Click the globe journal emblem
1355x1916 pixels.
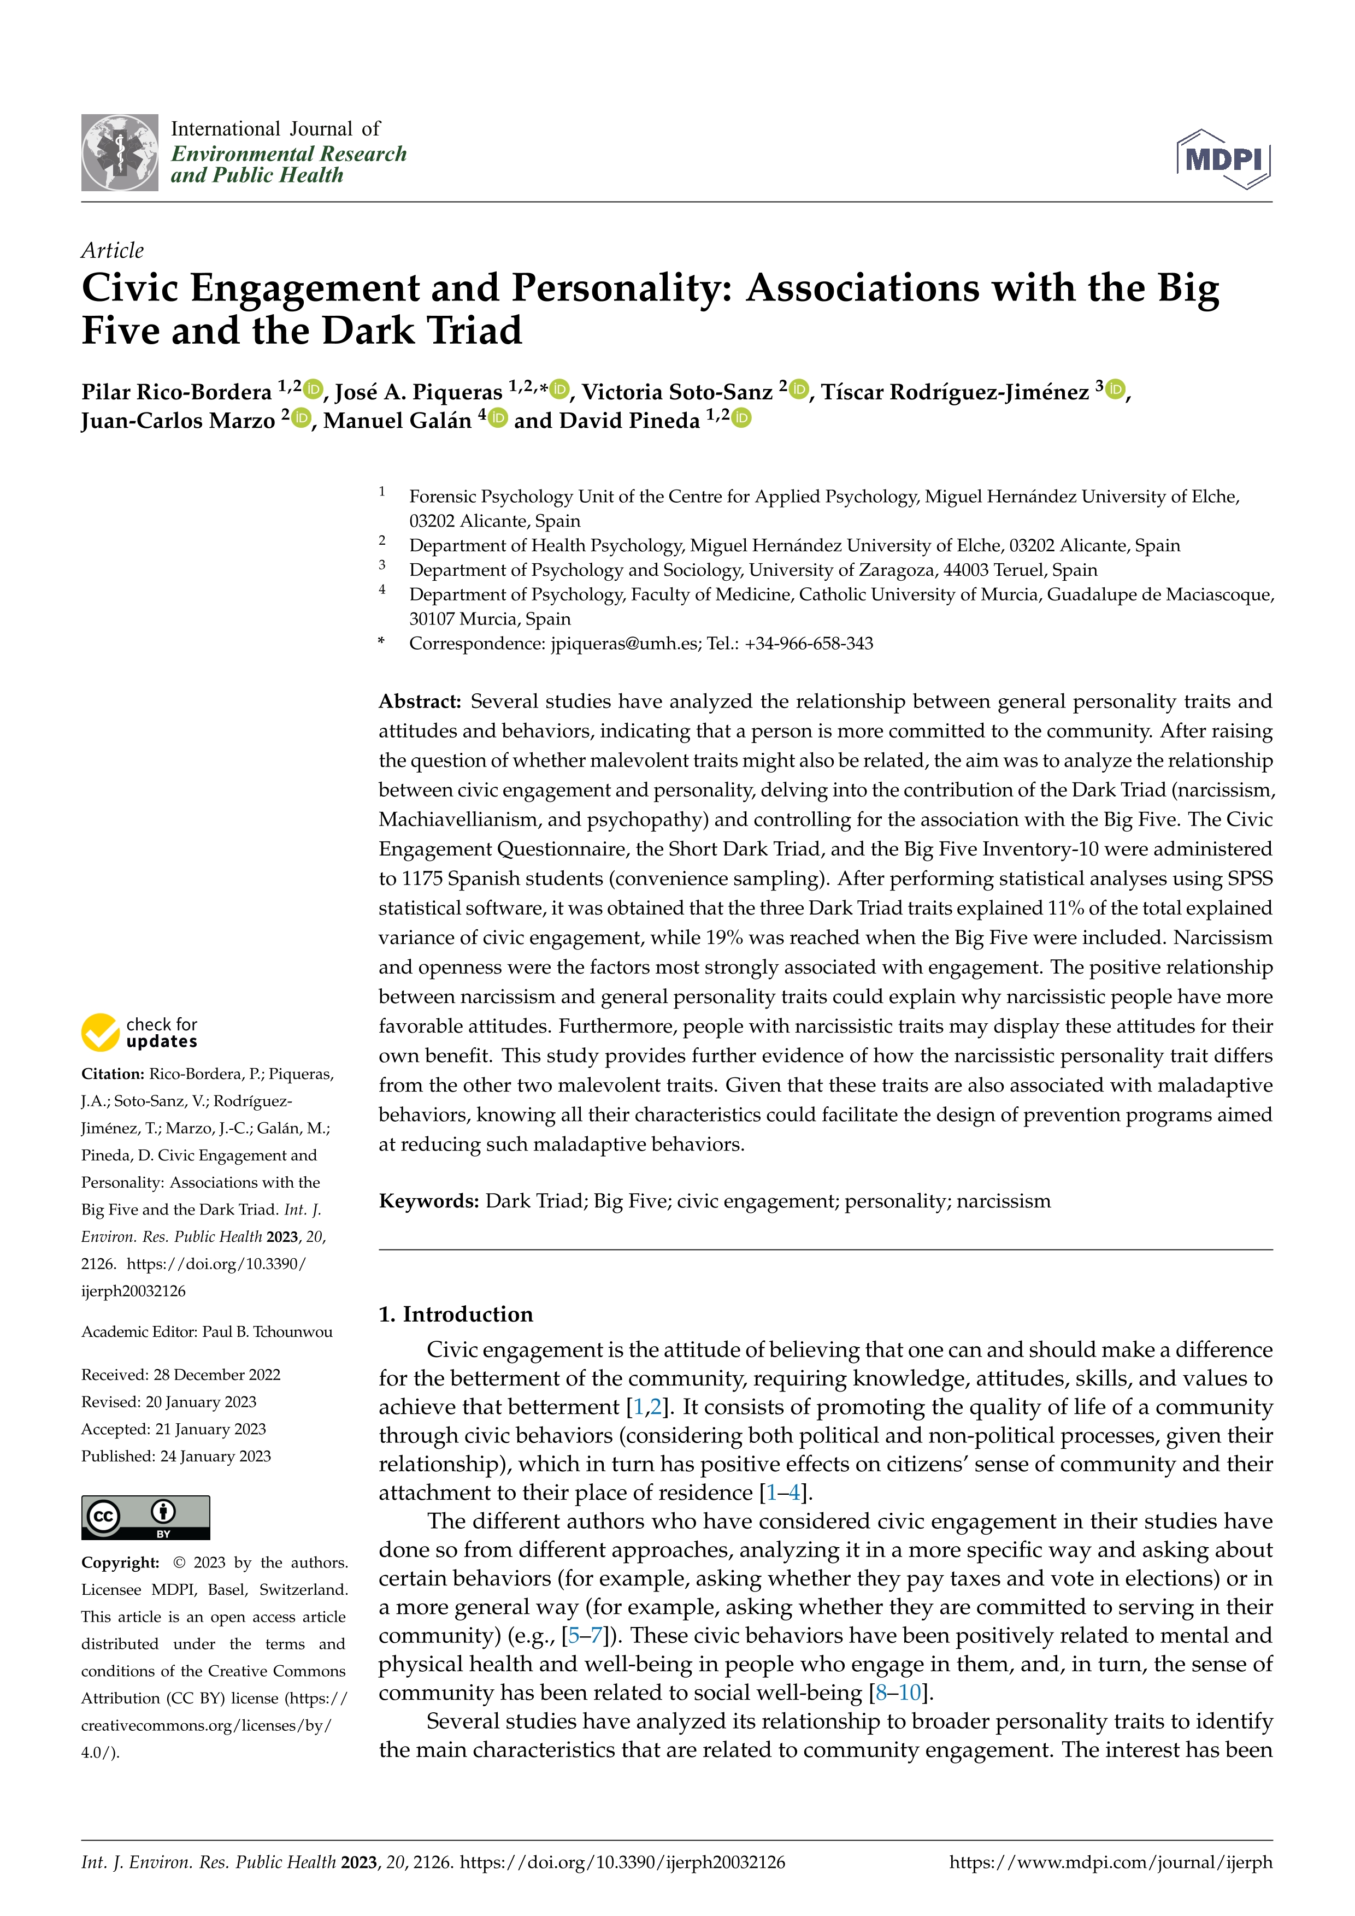pos(119,153)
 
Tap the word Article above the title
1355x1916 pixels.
pos(112,250)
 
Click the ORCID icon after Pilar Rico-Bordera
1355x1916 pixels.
pos(314,389)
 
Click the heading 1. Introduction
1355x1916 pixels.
pos(456,1314)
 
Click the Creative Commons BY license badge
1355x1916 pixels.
pos(145,1517)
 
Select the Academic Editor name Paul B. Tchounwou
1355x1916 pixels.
pos(267,1332)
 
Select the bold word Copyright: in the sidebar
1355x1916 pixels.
pos(120,1562)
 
